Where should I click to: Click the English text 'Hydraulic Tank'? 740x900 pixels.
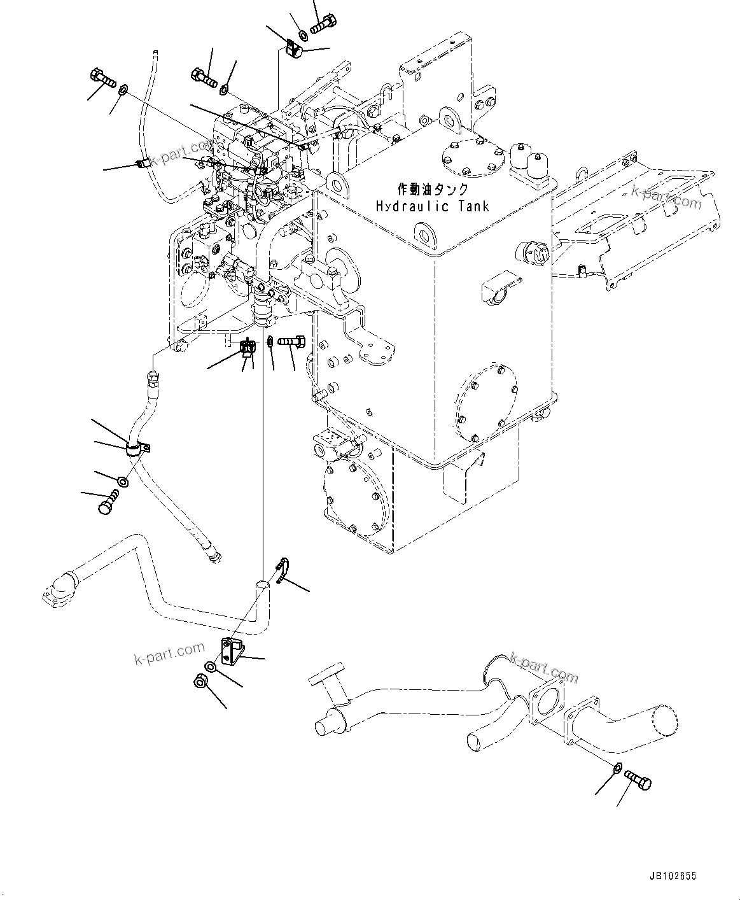(432, 206)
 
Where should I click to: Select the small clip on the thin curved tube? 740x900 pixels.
(143, 164)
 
